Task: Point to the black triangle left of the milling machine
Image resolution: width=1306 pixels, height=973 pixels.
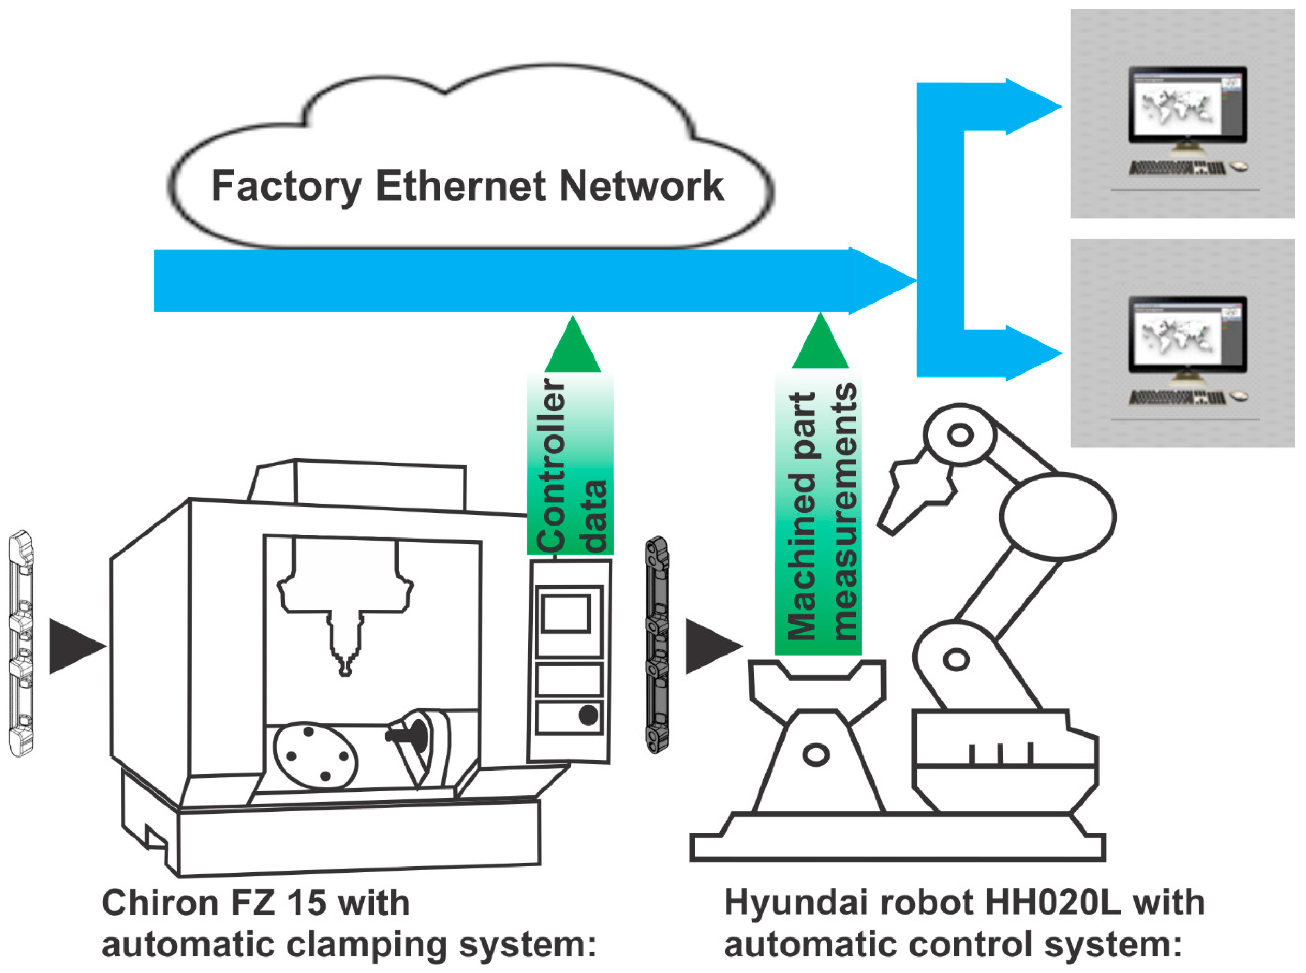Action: click(x=74, y=646)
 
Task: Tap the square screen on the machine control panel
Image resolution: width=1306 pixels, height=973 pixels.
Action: click(x=566, y=614)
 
